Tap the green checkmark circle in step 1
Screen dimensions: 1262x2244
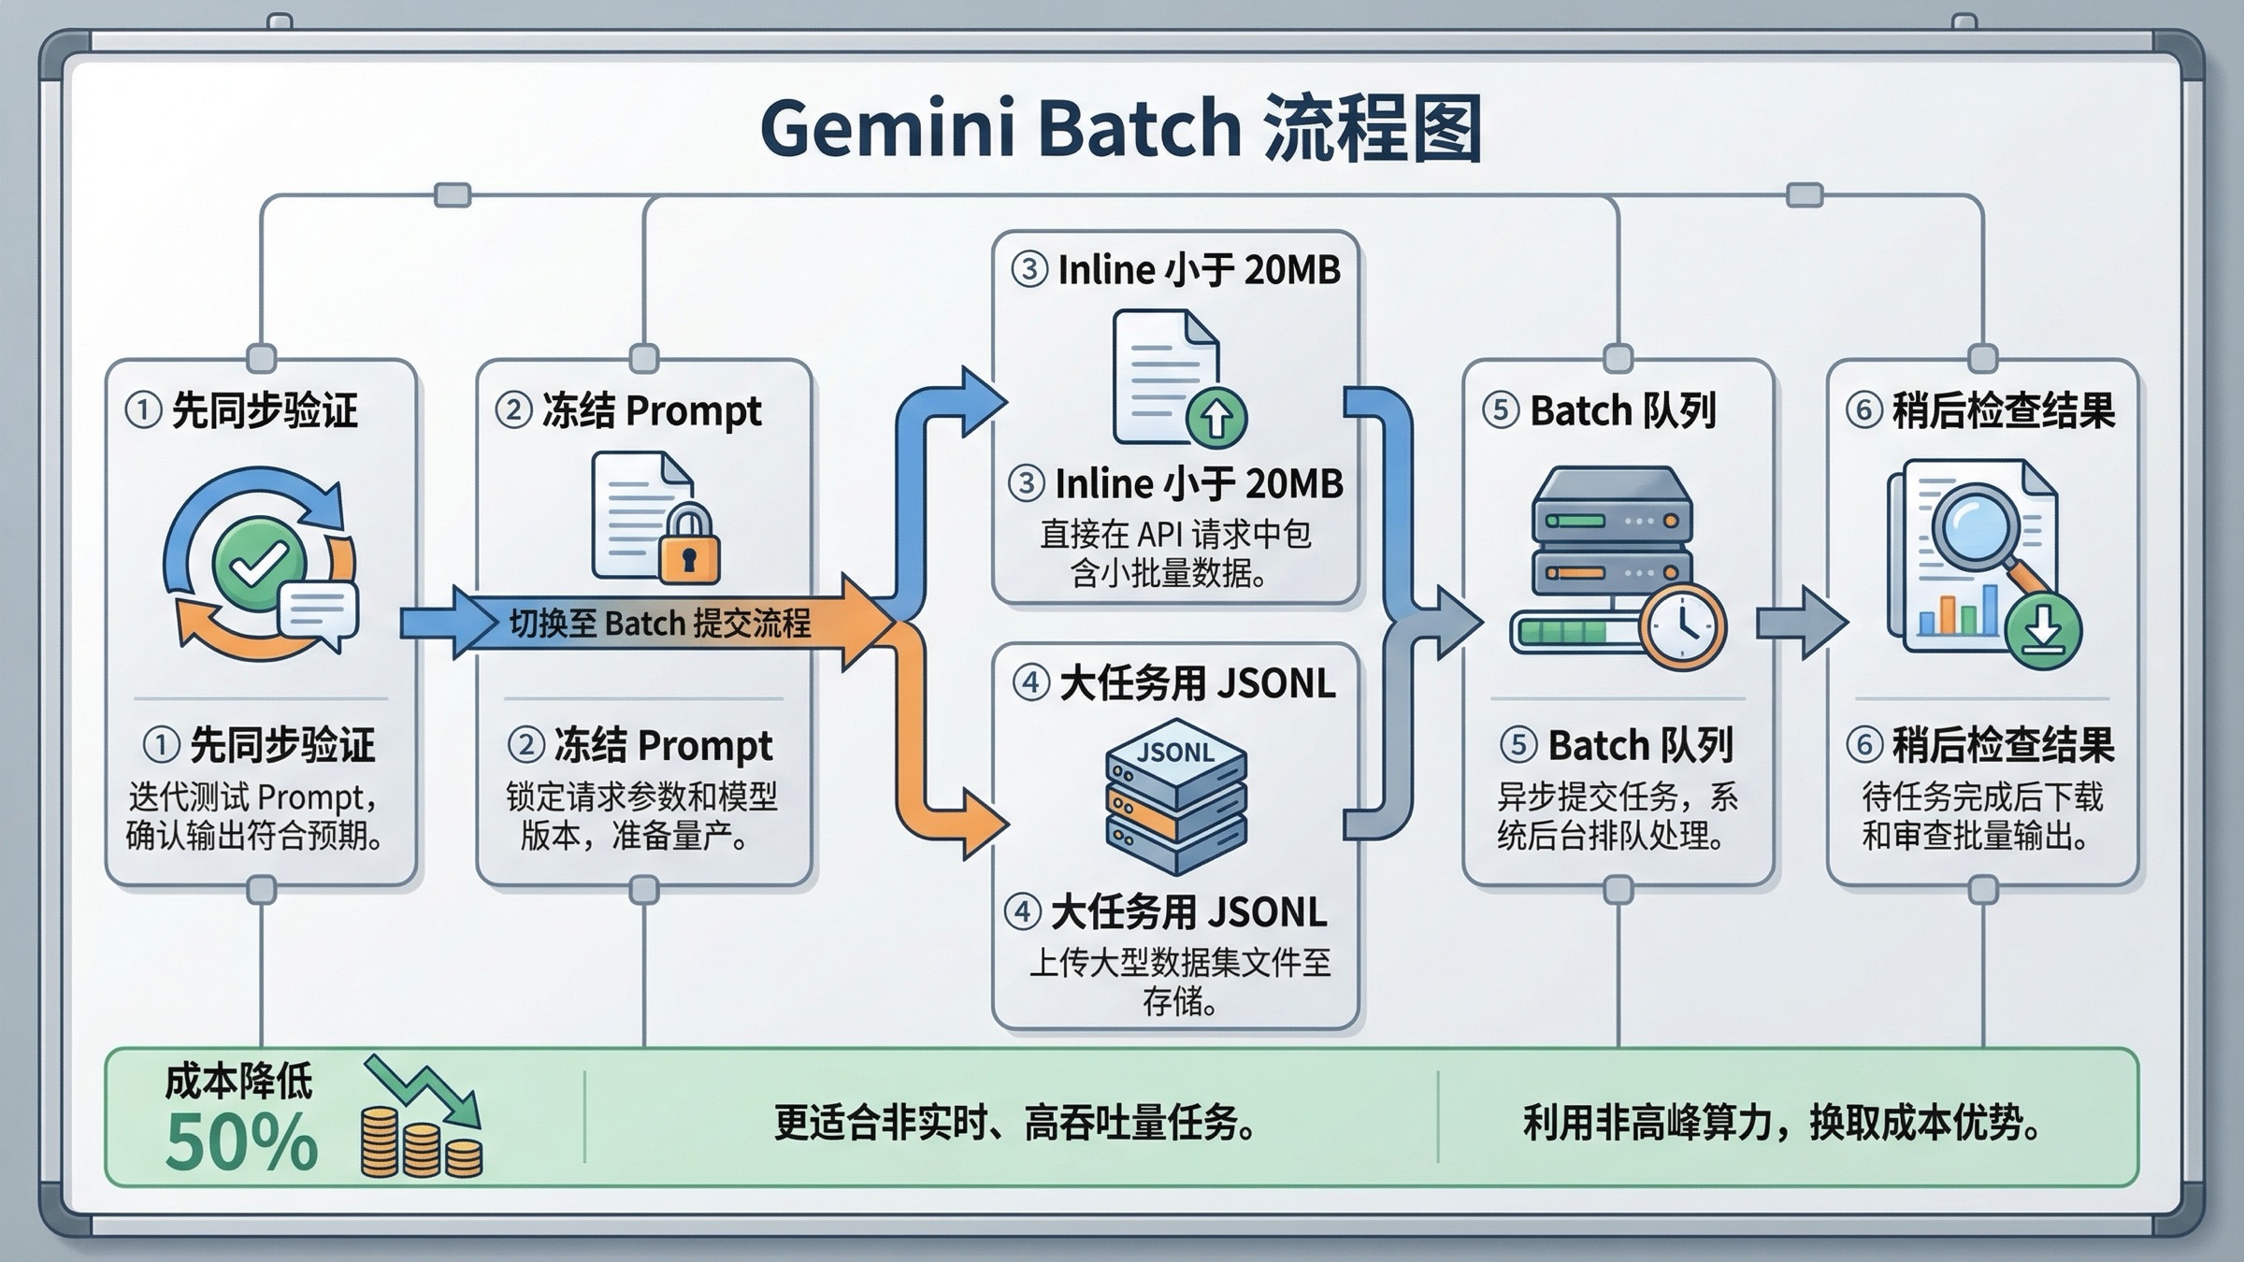[x=258, y=564]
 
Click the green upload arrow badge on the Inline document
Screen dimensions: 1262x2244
[x=1215, y=417]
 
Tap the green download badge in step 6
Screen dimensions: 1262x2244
[x=2042, y=633]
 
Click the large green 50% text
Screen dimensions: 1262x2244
[x=241, y=1142]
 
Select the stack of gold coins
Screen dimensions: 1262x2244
[x=421, y=1142]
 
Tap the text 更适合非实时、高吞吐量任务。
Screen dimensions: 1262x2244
[x=1015, y=1122]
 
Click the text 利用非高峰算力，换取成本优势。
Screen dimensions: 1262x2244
[x=1781, y=1122]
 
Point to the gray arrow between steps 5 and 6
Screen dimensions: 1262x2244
[x=1801, y=623]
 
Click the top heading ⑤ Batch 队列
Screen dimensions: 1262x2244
[x=1600, y=410]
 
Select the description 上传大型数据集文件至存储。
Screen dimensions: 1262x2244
[x=1178, y=982]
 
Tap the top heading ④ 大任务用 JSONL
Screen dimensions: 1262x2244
[x=1174, y=683]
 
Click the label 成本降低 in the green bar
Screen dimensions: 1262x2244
[x=238, y=1082]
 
